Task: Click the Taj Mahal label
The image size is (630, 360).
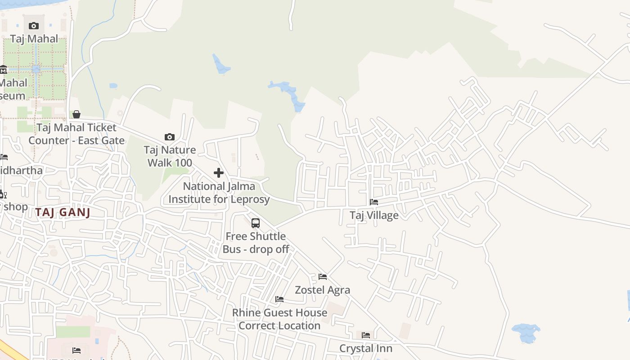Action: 34,39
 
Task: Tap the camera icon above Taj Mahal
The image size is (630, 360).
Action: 34,26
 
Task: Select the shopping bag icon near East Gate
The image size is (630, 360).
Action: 76,114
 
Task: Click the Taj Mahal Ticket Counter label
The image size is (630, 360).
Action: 76,134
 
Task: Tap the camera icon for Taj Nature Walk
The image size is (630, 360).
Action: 170,137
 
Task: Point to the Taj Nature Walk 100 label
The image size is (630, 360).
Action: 170,156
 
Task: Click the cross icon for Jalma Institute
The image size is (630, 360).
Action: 219,173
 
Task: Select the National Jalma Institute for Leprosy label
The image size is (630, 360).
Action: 219,193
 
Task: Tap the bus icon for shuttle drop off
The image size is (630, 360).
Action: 256,223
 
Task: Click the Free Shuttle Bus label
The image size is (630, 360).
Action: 256,243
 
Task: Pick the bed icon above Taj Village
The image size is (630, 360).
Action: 374,202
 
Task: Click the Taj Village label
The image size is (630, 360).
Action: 374,216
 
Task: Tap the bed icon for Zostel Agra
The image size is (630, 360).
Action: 323,276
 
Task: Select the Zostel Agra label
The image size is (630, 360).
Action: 323,290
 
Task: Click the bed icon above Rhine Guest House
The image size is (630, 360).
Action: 279,299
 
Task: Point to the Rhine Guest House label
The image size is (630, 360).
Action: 279,319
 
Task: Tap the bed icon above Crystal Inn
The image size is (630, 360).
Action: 366,335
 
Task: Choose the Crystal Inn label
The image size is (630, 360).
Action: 366,348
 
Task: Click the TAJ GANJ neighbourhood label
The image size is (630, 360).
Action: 63,212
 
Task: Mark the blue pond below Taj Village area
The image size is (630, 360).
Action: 526,332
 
